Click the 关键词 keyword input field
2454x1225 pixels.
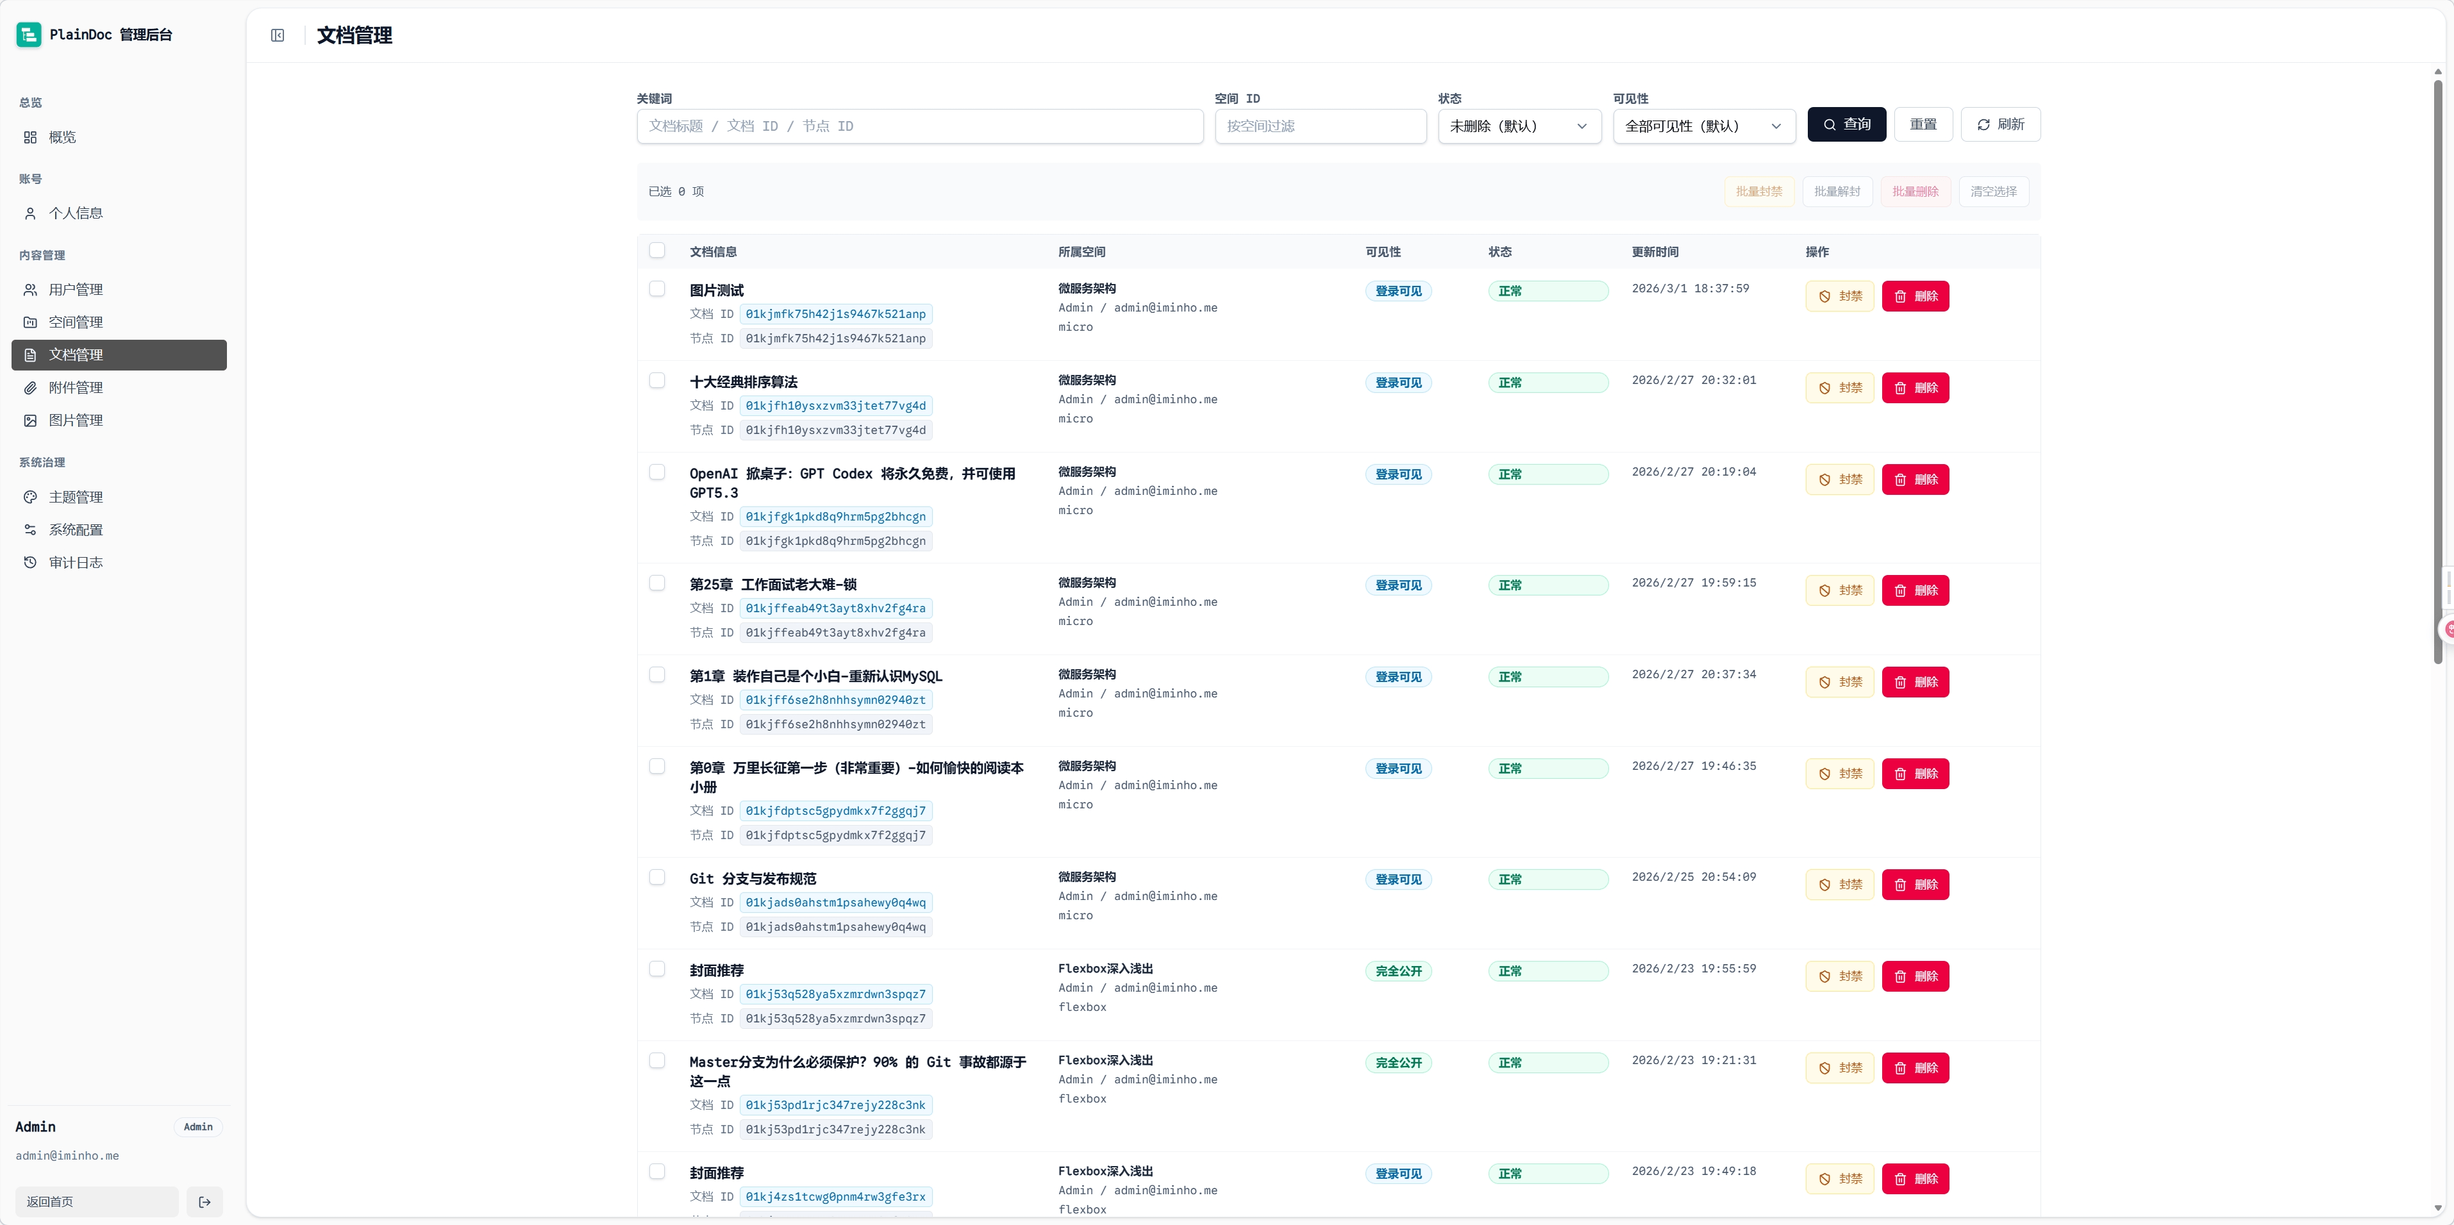[919, 126]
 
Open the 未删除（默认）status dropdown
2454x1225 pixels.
[1519, 126]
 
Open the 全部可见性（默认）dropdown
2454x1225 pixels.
[1704, 126]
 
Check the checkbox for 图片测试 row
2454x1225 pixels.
[657, 288]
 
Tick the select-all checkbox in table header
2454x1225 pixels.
[657, 251]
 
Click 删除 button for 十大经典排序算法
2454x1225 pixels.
[1915, 388]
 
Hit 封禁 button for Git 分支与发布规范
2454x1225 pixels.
[1840, 885]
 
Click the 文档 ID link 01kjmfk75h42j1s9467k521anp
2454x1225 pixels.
[835, 314]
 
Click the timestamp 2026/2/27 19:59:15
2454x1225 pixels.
[1694, 583]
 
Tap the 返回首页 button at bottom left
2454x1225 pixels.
[96, 1202]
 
